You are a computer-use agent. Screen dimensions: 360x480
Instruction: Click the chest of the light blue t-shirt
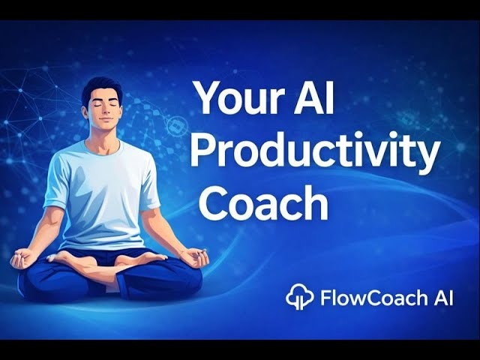[104, 176]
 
